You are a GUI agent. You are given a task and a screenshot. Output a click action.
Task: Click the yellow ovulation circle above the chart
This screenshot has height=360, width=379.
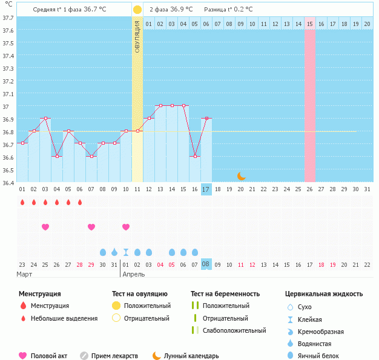137,10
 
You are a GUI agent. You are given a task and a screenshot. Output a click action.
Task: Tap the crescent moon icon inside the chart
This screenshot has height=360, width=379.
241,175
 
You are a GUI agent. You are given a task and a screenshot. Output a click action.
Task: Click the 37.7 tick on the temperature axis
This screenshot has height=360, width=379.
8,18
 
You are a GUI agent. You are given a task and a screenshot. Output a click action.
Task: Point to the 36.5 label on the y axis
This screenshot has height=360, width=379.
8,170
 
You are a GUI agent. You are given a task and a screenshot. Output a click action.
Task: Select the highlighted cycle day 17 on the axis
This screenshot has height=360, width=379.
206,189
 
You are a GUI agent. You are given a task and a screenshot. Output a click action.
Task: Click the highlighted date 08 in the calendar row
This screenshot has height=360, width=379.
206,264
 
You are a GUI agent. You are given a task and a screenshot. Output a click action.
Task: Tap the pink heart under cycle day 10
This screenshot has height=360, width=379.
126,227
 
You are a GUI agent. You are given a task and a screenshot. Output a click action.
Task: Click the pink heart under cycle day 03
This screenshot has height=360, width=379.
45,227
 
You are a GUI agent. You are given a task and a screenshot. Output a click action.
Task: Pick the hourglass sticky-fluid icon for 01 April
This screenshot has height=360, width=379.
126,252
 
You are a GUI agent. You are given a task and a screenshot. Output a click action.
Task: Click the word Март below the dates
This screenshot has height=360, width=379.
25,274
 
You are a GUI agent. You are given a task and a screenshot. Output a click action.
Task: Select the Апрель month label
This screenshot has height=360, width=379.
134,274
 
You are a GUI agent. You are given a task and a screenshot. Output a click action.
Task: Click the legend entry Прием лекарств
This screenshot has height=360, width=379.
114,356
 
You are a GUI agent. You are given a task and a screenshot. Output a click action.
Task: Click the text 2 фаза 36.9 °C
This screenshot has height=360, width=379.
171,10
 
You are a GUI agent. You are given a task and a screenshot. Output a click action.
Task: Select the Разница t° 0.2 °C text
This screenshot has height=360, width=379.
228,10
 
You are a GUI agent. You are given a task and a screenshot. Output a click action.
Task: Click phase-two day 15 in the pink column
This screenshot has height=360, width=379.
309,24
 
